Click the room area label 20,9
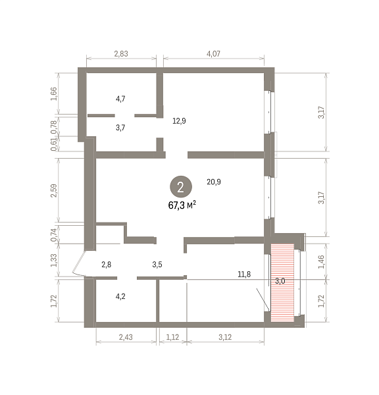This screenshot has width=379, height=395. click(214, 182)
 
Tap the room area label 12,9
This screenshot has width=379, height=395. click(179, 121)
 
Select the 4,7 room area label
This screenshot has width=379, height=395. click(120, 99)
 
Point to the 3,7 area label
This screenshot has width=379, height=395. click(120, 128)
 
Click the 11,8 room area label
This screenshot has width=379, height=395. click(244, 274)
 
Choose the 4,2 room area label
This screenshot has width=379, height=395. click(120, 296)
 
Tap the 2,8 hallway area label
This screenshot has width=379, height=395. click(107, 265)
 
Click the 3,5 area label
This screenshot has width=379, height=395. click(157, 265)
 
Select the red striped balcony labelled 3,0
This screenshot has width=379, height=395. click(282, 282)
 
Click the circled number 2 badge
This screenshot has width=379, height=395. click(181, 187)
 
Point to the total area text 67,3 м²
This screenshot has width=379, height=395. click(182, 205)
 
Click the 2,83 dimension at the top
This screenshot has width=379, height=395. click(121, 54)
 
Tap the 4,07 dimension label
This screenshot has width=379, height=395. click(213, 54)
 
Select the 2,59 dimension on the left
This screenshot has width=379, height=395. click(54, 191)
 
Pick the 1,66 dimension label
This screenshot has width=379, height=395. click(54, 94)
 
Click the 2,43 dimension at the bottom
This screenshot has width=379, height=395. click(126, 337)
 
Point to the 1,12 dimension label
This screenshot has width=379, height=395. click(172, 337)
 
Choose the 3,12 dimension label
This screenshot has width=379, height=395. click(225, 337)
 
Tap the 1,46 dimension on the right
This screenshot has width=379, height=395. click(321, 262)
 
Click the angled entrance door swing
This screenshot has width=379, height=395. click(78, 263)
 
